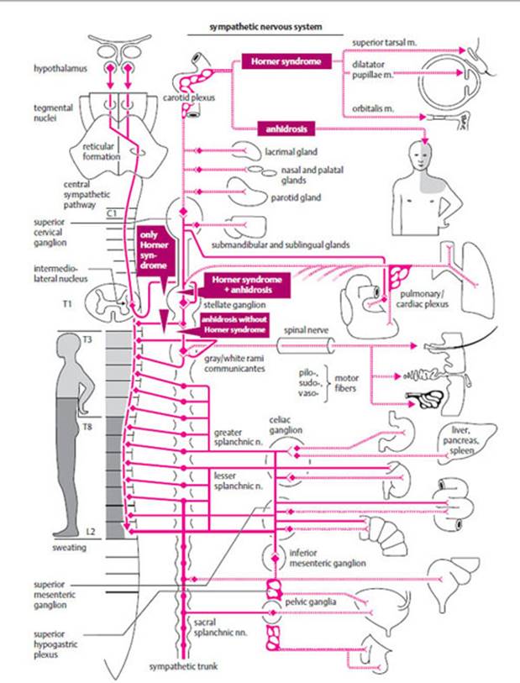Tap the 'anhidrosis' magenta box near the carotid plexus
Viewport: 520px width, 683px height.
point(281,129)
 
